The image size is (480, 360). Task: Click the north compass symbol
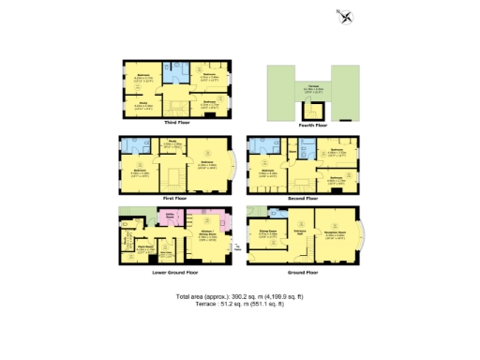coord(347,15)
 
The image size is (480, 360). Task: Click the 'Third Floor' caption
coord(178,123)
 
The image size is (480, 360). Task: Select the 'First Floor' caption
coord(178,199)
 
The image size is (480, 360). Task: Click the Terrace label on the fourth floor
coord(308,88)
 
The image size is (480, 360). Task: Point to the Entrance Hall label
coord(301,231)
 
